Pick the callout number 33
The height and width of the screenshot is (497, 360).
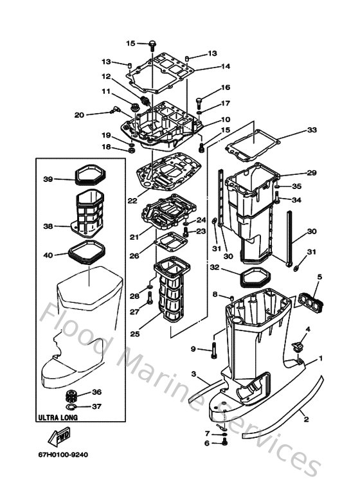(312, 130)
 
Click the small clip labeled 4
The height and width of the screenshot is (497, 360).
(298, 346)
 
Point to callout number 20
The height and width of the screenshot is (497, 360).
(79, 115)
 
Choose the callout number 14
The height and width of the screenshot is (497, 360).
(225, 66)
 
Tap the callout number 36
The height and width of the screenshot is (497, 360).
(96, 392)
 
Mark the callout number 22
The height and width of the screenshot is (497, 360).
(132, 201)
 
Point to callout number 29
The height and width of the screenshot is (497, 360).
(312, 173)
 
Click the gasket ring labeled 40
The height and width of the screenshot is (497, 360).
(84, 252)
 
